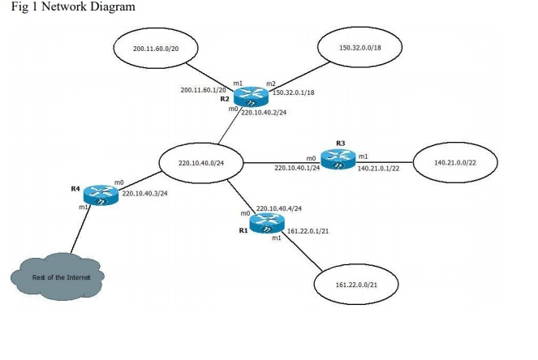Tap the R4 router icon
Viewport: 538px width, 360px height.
[x=102, y=195]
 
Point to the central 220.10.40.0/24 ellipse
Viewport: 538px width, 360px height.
[x=200, y=164]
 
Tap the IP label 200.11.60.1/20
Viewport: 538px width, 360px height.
[x=203, y=90]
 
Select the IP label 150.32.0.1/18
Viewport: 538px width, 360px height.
[x=293, y=93]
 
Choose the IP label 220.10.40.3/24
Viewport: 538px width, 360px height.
[x=144, y=194]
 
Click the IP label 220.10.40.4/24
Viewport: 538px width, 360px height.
[x=279, y=209]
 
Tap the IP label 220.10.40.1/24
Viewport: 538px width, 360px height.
[x=297, y=168]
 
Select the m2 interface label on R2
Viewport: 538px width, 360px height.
[x=271, y=84]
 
